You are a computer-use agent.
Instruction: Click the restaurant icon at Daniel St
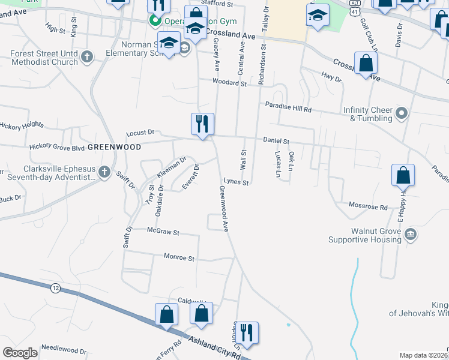(x=202, y=124)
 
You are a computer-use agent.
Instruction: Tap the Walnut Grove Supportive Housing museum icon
(x=410, y=233)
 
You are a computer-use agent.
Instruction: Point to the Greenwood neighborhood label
(x=114, y=147)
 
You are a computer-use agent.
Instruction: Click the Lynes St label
(x=235, y=182)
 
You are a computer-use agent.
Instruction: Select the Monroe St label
(x=179, y=257)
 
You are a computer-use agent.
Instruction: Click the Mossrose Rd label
(x=369, y=206)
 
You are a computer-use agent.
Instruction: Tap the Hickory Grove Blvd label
(x=55, y=146)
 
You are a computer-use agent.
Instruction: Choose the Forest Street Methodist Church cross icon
(x=87, y=57)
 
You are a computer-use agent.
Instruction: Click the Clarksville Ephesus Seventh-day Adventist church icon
(x=104, y=172)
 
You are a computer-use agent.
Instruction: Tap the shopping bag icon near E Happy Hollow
(x=403, y=175)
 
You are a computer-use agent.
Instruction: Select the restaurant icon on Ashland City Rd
(x=247, y=332)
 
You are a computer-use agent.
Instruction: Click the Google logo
(x=20, y=352)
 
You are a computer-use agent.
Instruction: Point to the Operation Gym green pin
(x=155, y=21)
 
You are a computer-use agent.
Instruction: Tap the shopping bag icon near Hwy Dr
(x=366, y=62)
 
